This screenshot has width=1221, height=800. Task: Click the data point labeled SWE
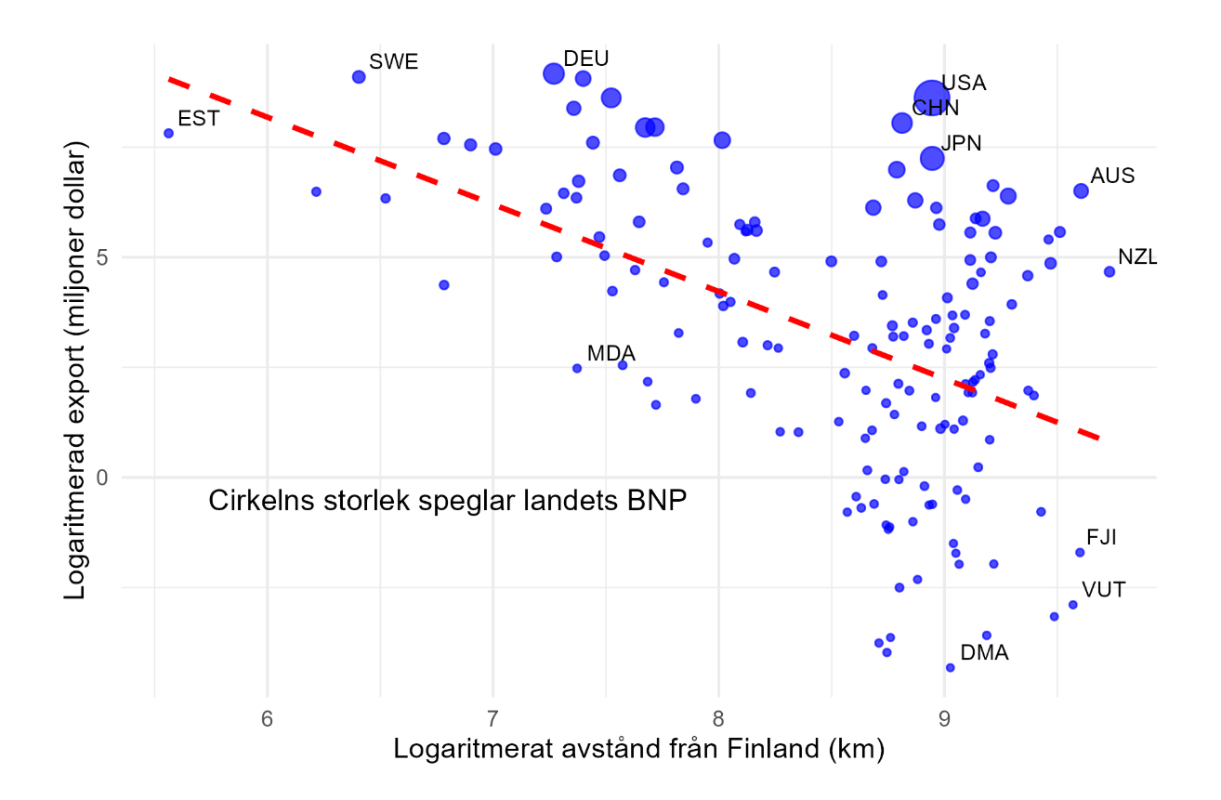pyautogui.click(x=359, y=76)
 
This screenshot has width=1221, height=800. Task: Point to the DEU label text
pyautogui.click(x=586, y=59)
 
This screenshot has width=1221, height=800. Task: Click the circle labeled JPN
pyautogui.click(x=932, y=158)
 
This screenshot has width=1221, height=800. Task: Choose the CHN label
pyautogui.click(x=935, y=108)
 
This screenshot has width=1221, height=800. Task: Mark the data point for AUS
pyautogui.click(x=1081, y=190)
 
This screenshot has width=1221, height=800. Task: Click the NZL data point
pyautogui.click(x=1109, y=271)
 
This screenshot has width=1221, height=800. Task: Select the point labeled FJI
pyautogui.click(x=1080, y=552)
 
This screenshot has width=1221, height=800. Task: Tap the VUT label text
pyautogui.click(x=1104, y=589)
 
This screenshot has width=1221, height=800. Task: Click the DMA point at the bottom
pyautogui.click(x=950, y=667)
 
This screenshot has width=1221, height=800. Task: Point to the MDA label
pyautogui.click(x=611, y=353)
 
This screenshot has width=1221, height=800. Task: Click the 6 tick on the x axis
pyautogui.click(x=268, y=718)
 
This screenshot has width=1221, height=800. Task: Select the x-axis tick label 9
pyautogui.click(x=944, y=718)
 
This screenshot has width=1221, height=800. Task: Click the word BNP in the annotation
pyautogui.click(x=656, y=501)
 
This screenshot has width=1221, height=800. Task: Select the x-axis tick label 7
pyautogui.click(x=492, y=718)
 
